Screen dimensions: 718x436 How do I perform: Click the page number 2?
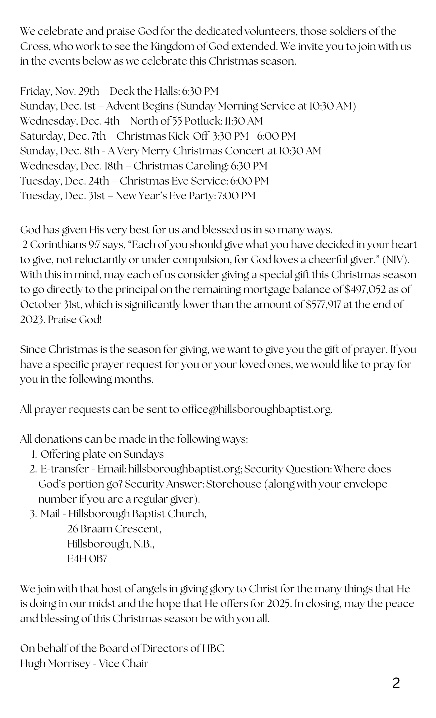click(x=396, y=683)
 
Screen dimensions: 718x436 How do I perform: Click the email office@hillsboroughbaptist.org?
click(x=256, y=409)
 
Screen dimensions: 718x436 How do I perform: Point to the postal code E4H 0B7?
click(x=87, y=559)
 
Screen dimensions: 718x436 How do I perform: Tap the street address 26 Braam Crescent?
click(x=114, y=529)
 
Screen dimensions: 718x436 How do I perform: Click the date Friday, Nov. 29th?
click(x=59, y=91)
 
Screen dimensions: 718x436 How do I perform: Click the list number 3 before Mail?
click(x=33, y=514)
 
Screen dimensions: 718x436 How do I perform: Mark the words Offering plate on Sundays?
click(x=102, y=454)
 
